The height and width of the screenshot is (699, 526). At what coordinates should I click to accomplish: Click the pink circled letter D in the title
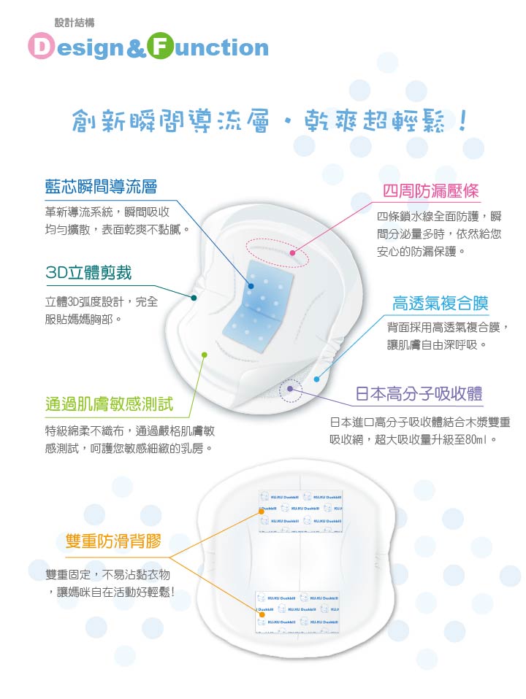tap(42, 47)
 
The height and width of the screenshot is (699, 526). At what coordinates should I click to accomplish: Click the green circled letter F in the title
tap(161, 47)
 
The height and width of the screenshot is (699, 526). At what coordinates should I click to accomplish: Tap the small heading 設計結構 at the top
tap(75, 22)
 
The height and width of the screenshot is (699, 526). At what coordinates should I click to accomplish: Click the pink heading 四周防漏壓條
tap(431, 191)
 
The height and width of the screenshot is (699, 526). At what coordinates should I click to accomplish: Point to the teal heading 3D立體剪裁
tap(88, 273)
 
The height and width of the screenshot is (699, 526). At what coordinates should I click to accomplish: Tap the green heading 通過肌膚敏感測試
tap(109, 403)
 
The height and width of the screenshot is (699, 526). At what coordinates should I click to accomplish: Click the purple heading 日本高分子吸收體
tap(419, 395)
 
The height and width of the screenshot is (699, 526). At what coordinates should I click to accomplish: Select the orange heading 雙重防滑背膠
tap(113, 541)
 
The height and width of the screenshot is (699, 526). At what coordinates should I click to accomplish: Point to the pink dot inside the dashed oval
tap(292, 253)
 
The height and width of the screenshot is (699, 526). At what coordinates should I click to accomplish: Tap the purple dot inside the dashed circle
tap(291, 388)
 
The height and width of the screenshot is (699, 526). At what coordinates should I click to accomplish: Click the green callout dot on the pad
tap(205, 355)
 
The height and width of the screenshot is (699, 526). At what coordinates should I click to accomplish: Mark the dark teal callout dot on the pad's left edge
tap(194, 298)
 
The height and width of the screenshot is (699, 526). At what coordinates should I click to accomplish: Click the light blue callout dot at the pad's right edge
tap(316, 379)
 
